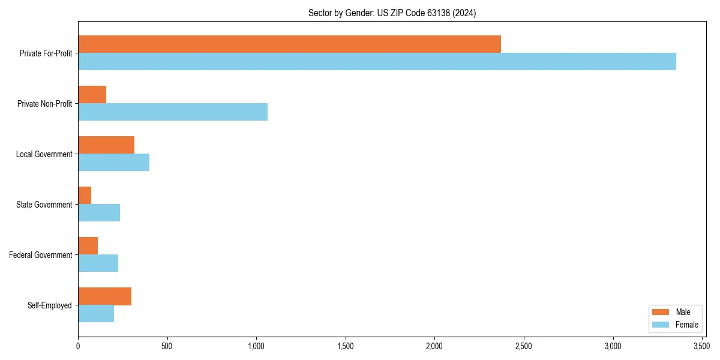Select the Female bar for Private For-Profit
[x=377, y=62]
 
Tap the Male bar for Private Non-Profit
[x=92, y=95]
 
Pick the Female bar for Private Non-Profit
[x=173, y=112]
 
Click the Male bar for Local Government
[x=106, y=145]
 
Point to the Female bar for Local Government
[x=113, y=163]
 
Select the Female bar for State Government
[x=99, y=213]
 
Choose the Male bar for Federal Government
[x=88, y=246]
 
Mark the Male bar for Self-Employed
[x=104, y=296]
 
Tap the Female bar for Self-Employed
[x=96, y=314]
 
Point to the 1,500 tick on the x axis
[x=346, y=346]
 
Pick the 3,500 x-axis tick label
[x=702, y=346]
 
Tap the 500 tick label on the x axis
[x=167, y=346]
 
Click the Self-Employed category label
[x=50, y=305]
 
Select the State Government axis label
[x=44, y=205]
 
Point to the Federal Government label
[x=41, y=255]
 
